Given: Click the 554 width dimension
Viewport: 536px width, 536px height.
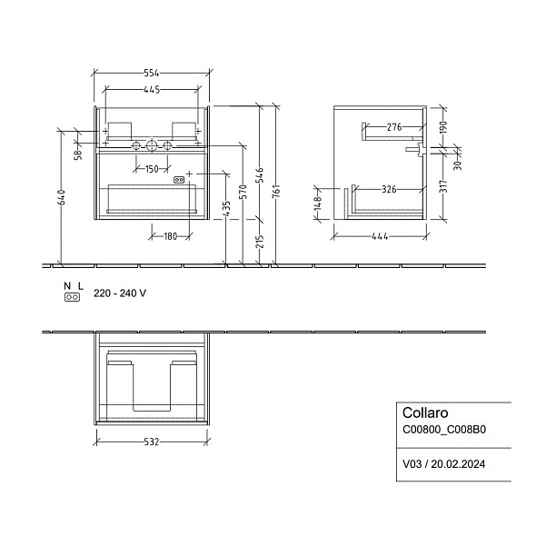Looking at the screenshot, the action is coord(152,73).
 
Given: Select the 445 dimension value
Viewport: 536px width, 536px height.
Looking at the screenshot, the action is coord(152,90).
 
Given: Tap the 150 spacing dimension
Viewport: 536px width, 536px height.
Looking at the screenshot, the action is coord(152,169).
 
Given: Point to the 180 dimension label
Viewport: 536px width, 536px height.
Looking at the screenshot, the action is coord(170,236).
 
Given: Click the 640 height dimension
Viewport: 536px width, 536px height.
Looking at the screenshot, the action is coord(62,197).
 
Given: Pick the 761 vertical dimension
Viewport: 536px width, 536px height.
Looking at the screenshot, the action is coord(276,191).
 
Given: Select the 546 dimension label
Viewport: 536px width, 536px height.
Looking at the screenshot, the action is coord(260,175).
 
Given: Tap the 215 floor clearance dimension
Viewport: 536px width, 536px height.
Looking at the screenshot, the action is coord(260,242).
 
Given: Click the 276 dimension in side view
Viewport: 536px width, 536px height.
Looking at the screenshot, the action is coord(394,127).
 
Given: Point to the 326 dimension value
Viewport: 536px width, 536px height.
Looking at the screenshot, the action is coord(389,189).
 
